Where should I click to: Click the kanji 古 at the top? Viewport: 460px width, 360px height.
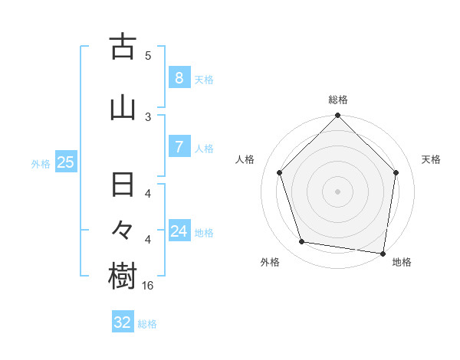123,47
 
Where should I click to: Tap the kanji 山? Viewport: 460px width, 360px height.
123,108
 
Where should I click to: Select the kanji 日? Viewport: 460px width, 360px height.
123,186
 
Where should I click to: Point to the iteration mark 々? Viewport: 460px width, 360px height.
123,231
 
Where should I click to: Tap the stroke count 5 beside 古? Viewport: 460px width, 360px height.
148,55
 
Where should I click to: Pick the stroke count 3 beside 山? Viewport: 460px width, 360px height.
148,116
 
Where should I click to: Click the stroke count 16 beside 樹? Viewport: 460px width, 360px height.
148,285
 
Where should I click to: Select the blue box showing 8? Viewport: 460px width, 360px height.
179,78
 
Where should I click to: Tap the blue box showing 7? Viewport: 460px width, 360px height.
179,147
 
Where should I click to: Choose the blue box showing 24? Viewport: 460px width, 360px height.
179,231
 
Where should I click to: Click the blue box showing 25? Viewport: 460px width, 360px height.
65,162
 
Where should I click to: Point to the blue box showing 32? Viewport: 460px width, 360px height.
123,322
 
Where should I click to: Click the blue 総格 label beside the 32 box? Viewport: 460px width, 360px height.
147,324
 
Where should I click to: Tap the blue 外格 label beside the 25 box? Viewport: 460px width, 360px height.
41,163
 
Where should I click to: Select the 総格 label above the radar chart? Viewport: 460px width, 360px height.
338,100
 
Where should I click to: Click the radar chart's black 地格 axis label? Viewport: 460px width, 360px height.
402,262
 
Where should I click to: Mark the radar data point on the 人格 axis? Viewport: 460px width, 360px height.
280,172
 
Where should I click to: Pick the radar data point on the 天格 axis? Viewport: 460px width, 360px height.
396,172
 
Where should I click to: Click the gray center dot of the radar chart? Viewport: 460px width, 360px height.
338,191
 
